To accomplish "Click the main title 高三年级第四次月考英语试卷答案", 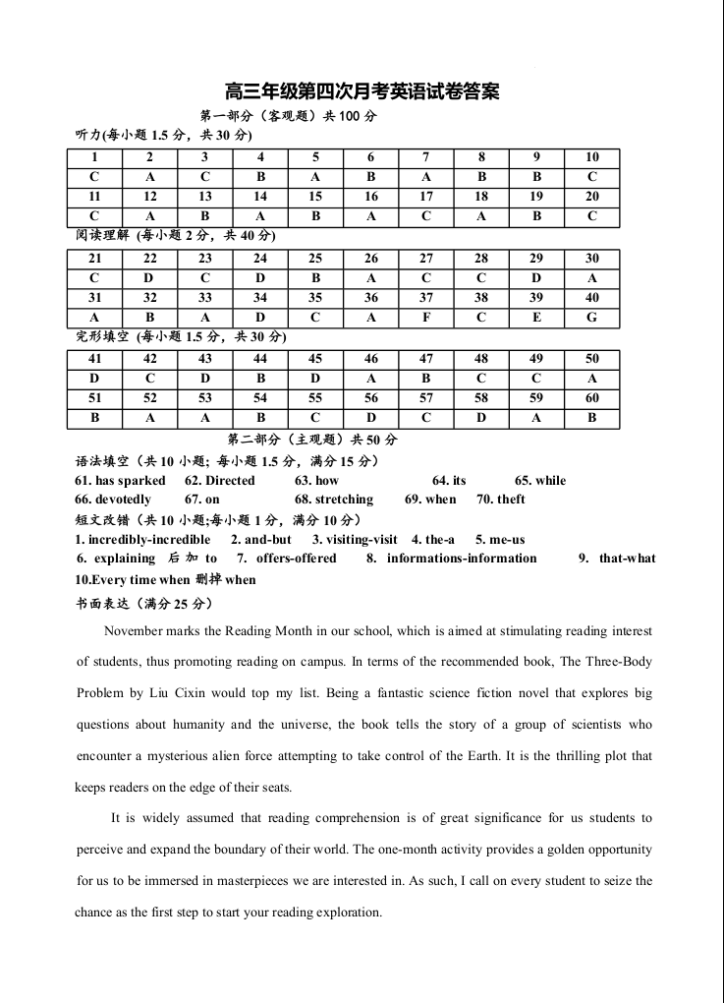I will coord(362,91).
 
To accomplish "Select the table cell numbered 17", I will coord(426,197).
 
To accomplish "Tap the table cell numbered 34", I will coord(260,298).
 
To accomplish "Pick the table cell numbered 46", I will coord(371,359).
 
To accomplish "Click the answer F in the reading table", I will coord(426,318).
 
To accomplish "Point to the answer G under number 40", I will coord(591,318).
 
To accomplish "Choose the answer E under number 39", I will coord(536,318).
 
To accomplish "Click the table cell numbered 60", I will coord(591,398).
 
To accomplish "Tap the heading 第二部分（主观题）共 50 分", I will coord(312,440).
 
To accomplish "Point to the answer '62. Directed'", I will coord(219,481).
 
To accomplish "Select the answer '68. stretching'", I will coord(334,500).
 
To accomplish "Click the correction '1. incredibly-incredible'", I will coord(142,540).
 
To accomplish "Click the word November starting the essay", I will coord(135,630).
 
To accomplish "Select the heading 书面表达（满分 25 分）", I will coord(143,603).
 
